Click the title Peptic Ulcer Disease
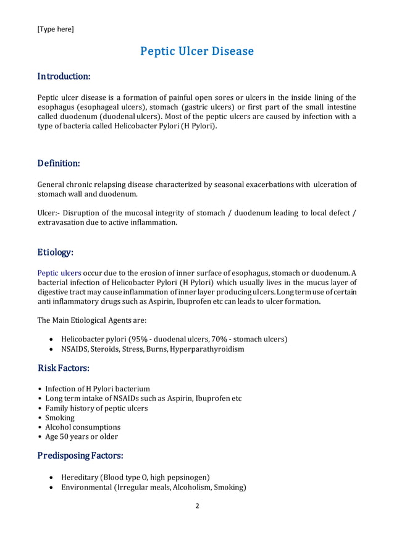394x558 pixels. point(197,51)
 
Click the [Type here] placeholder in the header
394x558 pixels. point(56,29)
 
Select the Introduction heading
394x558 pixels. point(64,77)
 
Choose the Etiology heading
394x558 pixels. point(56,252)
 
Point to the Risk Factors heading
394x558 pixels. point(64,369)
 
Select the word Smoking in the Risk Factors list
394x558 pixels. point(60,417)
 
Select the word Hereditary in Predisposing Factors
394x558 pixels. point(80,477)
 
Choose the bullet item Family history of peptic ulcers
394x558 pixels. point(96,408)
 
